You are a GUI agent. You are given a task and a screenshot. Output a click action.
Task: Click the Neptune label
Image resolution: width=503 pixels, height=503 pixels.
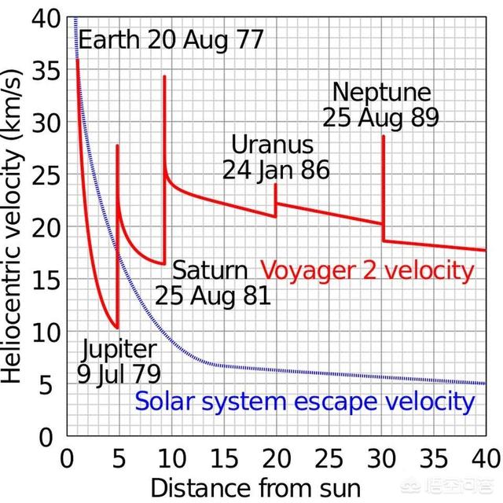(x=382, y=92)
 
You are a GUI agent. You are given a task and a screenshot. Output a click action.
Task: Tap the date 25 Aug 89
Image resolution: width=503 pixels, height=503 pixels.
(x=380, y=117)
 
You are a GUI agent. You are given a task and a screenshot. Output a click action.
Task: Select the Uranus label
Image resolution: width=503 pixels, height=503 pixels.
(x=272, y=145)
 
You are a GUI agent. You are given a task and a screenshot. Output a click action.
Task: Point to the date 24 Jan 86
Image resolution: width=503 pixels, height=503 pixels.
(x=275, y=170)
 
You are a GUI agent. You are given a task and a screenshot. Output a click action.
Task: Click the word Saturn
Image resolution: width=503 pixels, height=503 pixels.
(x=210, y=270)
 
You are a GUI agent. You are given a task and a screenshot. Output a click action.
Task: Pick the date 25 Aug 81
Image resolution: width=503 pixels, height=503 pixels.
(x=212, y=296)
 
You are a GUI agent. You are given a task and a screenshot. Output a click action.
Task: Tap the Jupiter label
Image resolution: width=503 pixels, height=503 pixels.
(x=117, y=349)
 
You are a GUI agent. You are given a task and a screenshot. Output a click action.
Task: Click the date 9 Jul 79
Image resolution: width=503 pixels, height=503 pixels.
(x=117, y=373)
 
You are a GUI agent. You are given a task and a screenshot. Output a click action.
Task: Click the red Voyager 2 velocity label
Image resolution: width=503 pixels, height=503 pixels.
(x=368, y=271)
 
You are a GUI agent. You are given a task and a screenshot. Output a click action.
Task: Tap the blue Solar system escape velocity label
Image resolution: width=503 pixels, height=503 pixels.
(x=305, y=402)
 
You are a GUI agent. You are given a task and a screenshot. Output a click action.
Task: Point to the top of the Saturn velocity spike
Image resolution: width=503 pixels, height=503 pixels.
(x=164, y=76)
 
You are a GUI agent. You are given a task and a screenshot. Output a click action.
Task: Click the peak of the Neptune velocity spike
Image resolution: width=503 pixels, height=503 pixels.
(x=384, y=136)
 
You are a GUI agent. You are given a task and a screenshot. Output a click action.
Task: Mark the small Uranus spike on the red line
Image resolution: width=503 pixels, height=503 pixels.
(x=275, y=185)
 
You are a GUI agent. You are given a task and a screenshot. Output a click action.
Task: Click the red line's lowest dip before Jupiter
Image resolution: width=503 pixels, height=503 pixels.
(x=116, y=328)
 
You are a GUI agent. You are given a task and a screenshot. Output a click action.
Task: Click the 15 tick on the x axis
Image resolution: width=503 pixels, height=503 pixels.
(x=222, y=457)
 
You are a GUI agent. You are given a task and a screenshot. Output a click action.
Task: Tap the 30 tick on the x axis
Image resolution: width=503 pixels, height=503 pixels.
(x=383, y=457)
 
